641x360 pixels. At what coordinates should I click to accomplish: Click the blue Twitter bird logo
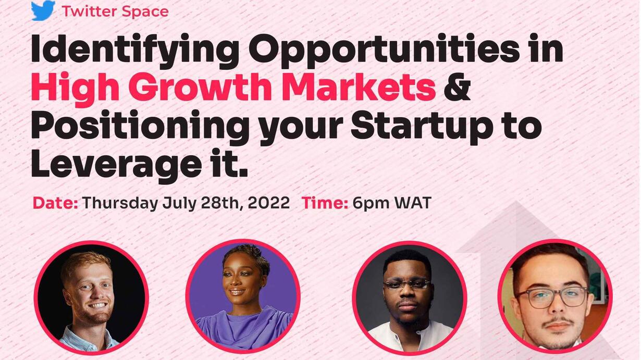tap(43, 10)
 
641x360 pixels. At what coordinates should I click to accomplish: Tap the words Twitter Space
tap(115, 12)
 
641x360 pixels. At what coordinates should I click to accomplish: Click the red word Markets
tap(360, 87)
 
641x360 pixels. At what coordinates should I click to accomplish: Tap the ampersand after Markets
tap(457, 87)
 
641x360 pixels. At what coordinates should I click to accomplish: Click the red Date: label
tap(55, 203)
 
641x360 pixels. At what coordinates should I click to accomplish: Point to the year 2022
tap(269, 203)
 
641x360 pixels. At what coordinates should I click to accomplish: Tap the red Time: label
tap(325, 203)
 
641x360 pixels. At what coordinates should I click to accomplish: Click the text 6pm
tap(371, 204)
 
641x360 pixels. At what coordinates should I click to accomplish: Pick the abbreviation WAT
tap(413, 203)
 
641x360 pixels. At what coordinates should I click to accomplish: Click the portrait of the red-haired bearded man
tap(91, 297)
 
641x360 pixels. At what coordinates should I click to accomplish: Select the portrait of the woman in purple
tap(243, 296)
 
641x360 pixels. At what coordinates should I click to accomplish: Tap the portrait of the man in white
tap(410, 298)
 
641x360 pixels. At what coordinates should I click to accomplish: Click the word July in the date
tap(179, 204)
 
